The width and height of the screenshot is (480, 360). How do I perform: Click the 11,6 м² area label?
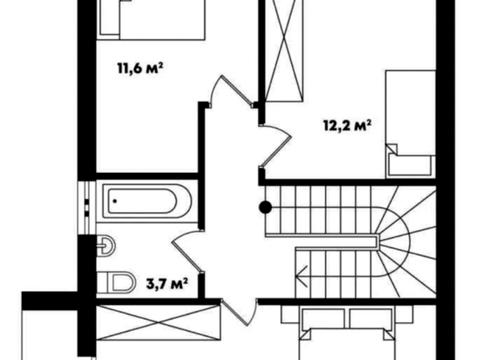click(x=140, y=68)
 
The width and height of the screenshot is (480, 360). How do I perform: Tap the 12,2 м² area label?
click(x=348, y=126)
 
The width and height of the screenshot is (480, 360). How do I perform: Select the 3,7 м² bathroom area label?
click(x=167, y=284)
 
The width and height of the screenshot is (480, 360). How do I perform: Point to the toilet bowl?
click(x=117, y=282)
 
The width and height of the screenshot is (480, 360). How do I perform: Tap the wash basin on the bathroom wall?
click(x=106, y=246)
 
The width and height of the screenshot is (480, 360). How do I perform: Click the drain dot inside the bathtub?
click(x=115, y=201)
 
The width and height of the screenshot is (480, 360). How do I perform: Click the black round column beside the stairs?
click(x=265, y=207)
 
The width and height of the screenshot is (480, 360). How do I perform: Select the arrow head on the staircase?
click(x=302, y=276)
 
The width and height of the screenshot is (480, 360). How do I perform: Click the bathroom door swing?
click(x=187, y=251)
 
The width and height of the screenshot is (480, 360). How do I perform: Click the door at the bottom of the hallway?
click(x=239, y=312)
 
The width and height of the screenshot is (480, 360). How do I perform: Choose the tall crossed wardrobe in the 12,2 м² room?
click(x=284, y=50)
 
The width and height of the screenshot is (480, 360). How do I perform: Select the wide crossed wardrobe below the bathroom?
click(x=159, y=323)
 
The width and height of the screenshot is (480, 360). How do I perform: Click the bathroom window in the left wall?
click(x=87, y=208)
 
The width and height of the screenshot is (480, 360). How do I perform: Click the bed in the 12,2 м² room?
click(x=411, y=124)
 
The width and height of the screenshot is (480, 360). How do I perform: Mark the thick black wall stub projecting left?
click(x=50, y=301)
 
